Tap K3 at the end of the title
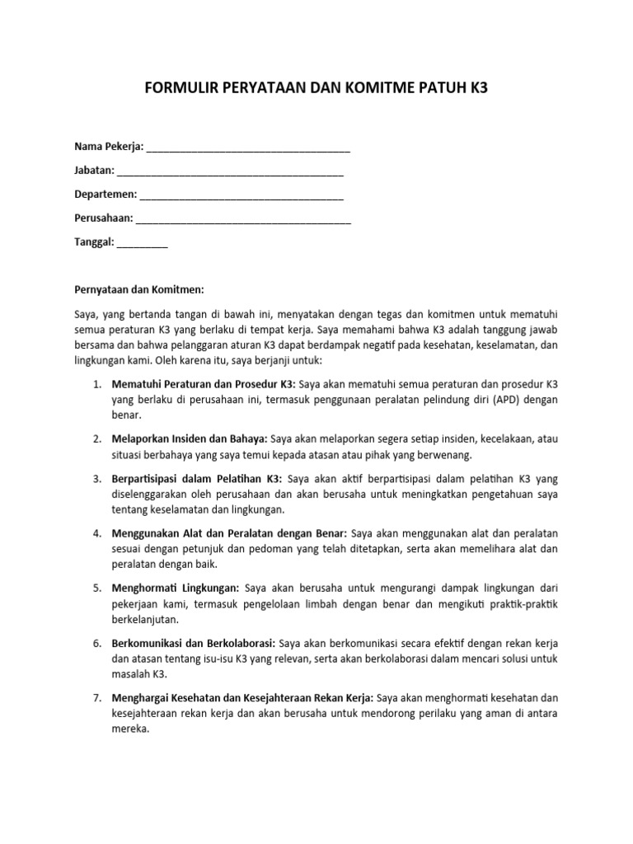(479, 87)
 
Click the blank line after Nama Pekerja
(248, 150)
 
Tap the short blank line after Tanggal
(143, 244)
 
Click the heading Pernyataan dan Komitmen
(138, 289)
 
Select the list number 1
(96, 385)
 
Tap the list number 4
(96, 533)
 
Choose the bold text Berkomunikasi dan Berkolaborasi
(194, 643)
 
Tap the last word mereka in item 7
(130, 729)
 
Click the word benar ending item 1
(126, 416)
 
